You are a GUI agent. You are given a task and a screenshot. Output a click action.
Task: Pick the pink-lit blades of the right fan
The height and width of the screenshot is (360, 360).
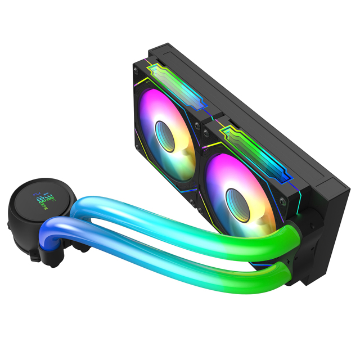(217, 180)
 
